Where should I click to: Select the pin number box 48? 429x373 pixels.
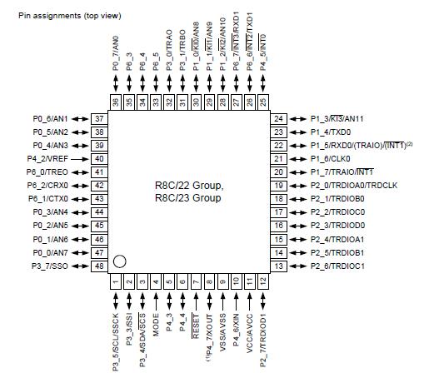tap(99, 266)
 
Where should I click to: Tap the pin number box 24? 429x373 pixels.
tap(279, 119)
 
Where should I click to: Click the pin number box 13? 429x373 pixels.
tap(279, 266)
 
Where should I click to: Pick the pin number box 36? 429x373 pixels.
tap(116, 102)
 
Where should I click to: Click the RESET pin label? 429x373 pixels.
tap(195, 320)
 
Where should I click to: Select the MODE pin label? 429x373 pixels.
tap(156, 320)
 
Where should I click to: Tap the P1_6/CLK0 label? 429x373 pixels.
tap(332, 159)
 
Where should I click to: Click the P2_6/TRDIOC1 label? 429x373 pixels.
tap(343, 266)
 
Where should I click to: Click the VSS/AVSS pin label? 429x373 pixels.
tap(222, 327)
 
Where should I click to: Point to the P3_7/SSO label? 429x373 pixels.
tap(48, 266)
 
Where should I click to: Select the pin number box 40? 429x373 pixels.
tap(99, 159)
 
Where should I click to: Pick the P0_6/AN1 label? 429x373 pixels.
tap(48, 119)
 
